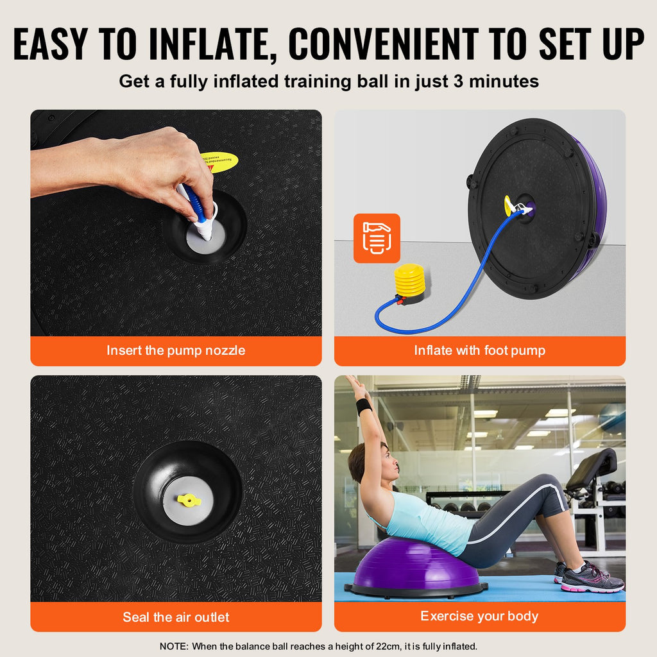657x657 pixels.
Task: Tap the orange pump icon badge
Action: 377,238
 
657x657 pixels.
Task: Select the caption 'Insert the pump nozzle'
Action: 176,351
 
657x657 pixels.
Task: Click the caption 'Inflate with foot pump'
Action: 479,351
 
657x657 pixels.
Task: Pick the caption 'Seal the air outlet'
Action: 176,617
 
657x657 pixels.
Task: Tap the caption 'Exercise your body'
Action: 479,617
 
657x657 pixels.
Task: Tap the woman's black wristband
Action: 364,406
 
